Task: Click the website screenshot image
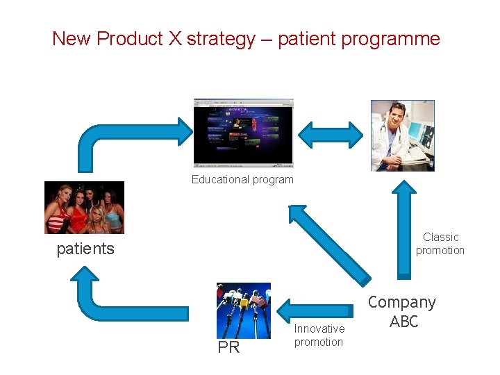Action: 244,133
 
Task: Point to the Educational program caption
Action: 242,180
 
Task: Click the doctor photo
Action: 402,135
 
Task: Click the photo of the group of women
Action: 84,207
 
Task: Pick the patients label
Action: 85,249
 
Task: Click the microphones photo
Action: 243,310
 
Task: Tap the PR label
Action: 228,348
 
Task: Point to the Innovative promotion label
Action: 319,335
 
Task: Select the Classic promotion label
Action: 440,244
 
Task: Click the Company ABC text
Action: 402,311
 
